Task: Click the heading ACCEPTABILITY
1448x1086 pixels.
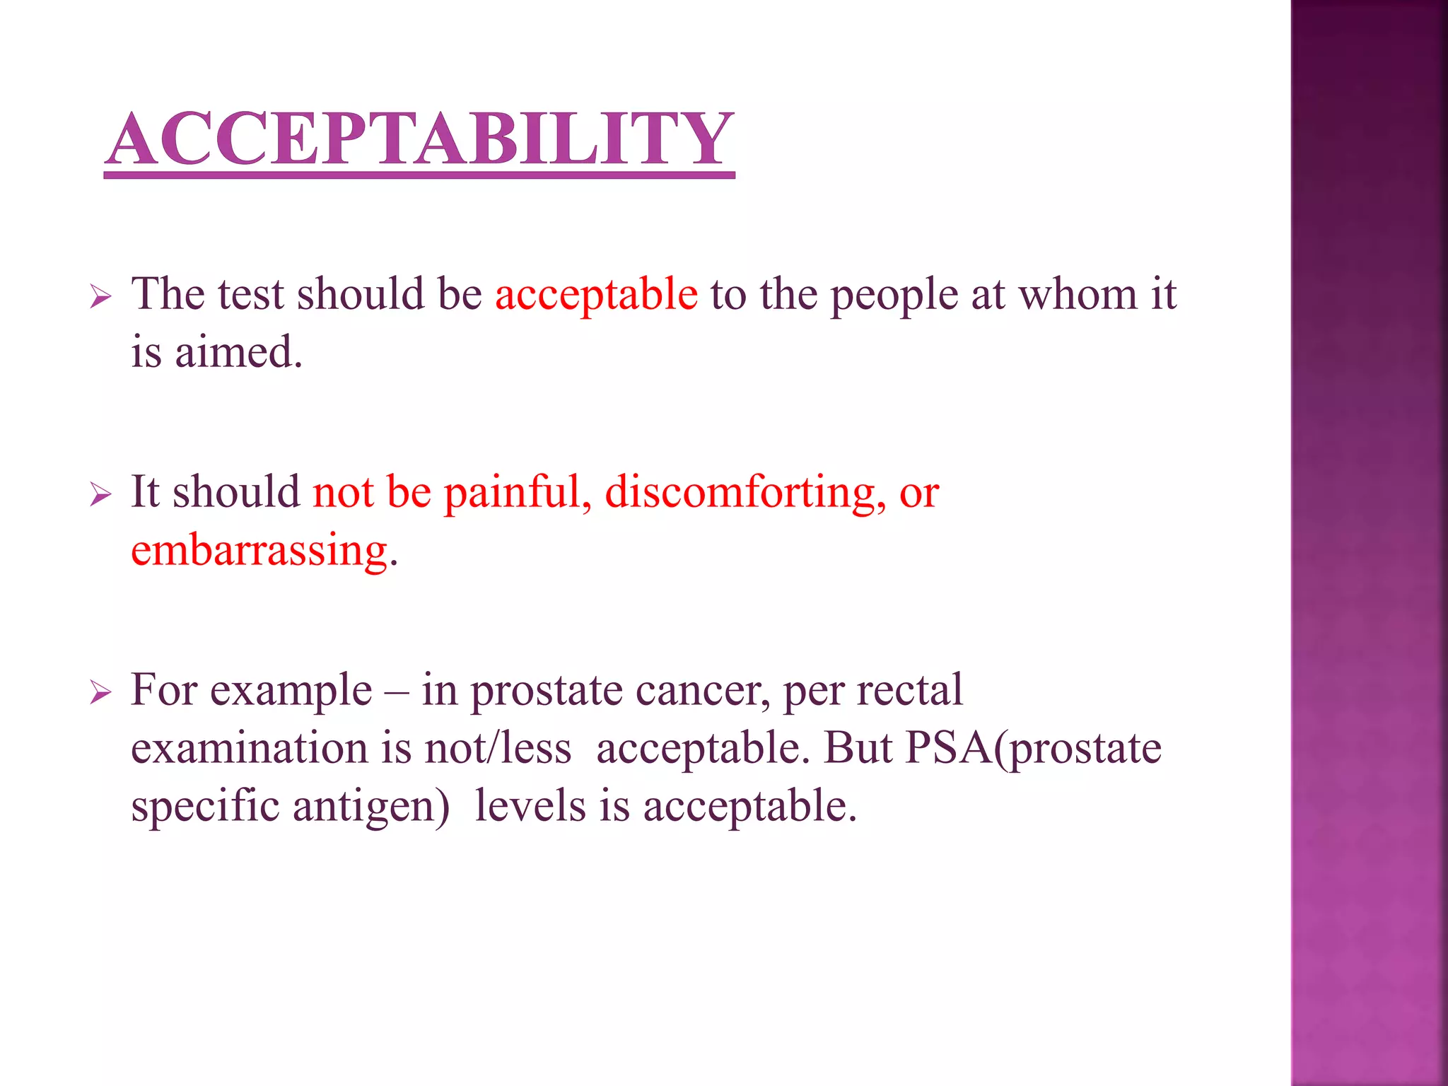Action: (420, 139)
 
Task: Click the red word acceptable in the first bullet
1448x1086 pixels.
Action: (596, 295)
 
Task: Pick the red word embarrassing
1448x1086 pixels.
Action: (259, 551)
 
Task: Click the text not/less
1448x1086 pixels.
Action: (498, 748)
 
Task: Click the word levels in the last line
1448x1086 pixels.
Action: (530, 805)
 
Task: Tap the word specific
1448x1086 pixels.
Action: (205, 807)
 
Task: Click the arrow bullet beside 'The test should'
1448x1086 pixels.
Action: (100, 298)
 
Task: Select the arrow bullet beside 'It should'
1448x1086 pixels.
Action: (100, 496)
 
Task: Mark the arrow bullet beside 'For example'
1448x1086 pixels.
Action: (100, 694)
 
